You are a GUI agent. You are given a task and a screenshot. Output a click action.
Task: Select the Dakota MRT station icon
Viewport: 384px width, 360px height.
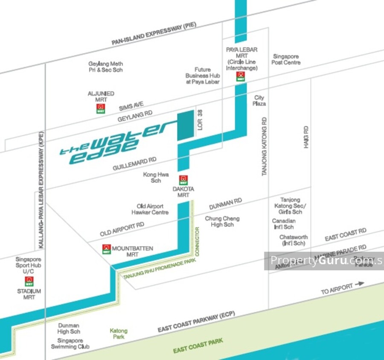183,180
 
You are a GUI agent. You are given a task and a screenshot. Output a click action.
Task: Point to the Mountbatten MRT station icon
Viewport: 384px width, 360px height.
107,249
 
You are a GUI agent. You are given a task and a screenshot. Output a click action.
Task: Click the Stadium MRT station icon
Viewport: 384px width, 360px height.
29,281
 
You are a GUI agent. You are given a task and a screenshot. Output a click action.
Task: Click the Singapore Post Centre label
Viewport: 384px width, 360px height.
286,59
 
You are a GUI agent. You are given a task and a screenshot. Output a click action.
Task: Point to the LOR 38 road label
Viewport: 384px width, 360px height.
200,120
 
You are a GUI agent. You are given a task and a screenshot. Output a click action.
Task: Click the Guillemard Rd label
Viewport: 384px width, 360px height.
134,164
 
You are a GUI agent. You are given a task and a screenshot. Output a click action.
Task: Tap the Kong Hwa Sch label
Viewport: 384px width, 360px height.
156,178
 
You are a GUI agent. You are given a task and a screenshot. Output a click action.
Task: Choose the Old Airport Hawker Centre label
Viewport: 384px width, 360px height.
150,209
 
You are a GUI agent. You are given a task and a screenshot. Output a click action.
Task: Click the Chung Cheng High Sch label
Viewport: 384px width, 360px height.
222,221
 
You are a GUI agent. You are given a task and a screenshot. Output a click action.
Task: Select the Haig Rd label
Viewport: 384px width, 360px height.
306,137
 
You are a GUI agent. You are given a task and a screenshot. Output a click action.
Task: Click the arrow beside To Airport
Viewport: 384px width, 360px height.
359,283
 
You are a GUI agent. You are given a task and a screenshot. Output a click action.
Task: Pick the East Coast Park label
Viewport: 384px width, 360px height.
198,345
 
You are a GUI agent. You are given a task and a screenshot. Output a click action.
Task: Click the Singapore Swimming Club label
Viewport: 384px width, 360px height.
70,343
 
